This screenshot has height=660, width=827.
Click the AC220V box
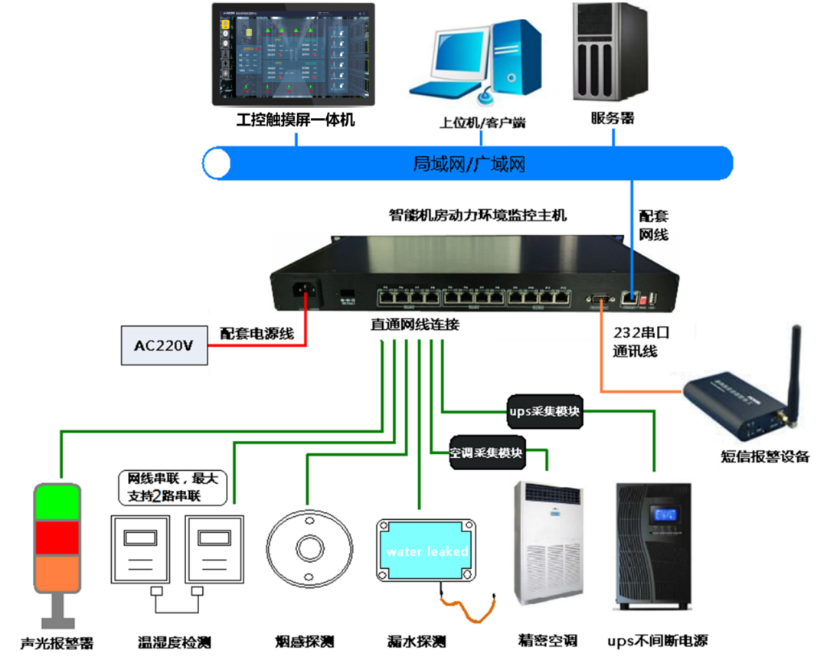coord(164,345)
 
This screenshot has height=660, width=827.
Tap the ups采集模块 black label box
coord(544,412)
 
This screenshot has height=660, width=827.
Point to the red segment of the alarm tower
coord(55,537)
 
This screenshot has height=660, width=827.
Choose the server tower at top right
coord(606,52)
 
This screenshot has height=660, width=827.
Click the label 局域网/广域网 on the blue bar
coord(469,163)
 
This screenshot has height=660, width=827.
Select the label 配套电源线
coord(257,334)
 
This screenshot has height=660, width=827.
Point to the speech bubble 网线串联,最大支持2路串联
coord(173,487)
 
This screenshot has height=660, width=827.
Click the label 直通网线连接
coord(415,325)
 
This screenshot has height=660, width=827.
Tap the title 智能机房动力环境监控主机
coord(478,215)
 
